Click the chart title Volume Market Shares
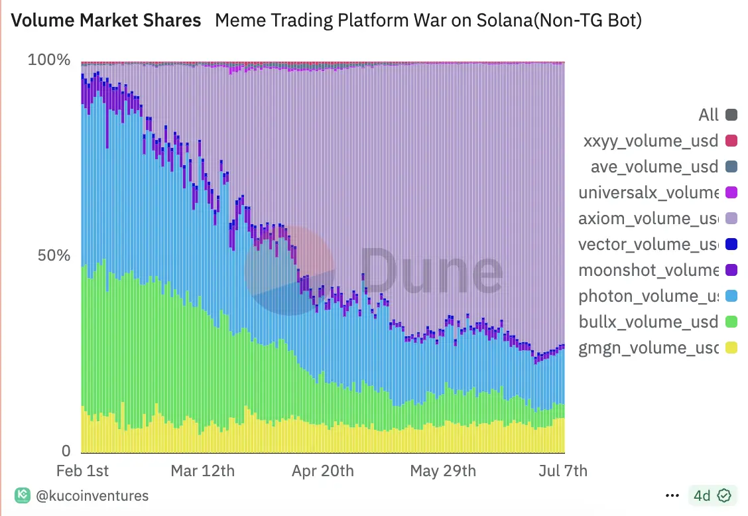click(x=107, y=21)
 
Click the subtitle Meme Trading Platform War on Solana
click(x=428, y=21)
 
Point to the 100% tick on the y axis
click(x=49, y=60)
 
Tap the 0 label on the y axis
click(x=66, y=451)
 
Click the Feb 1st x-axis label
click(x=83, y=471)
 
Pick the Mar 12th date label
click(x=202, y=471)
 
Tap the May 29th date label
click(x=443, y=471)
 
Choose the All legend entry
click(x=708, y=115)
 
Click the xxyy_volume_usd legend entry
click(x=651, y=141)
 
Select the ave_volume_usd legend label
click(x=654, y=166)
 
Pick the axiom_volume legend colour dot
click(x=731, y=218)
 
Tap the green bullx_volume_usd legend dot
click(x=731, y=322)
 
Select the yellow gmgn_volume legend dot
click(x=731, y=348)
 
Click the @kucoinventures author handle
click(x=91, y=495)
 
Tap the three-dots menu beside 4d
click(x=672, y=495)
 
